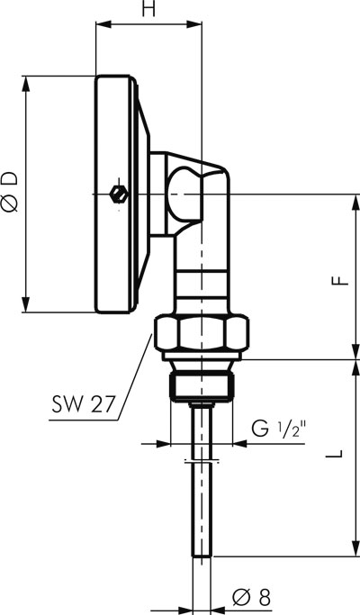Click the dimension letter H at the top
pos(148,9)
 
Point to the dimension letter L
pos(334,454)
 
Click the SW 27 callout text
pos(84,403)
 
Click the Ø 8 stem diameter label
pos(251,598)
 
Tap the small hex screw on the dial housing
pos(119,194)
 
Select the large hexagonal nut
pos(202,333)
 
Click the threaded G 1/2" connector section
pos(202,387)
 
